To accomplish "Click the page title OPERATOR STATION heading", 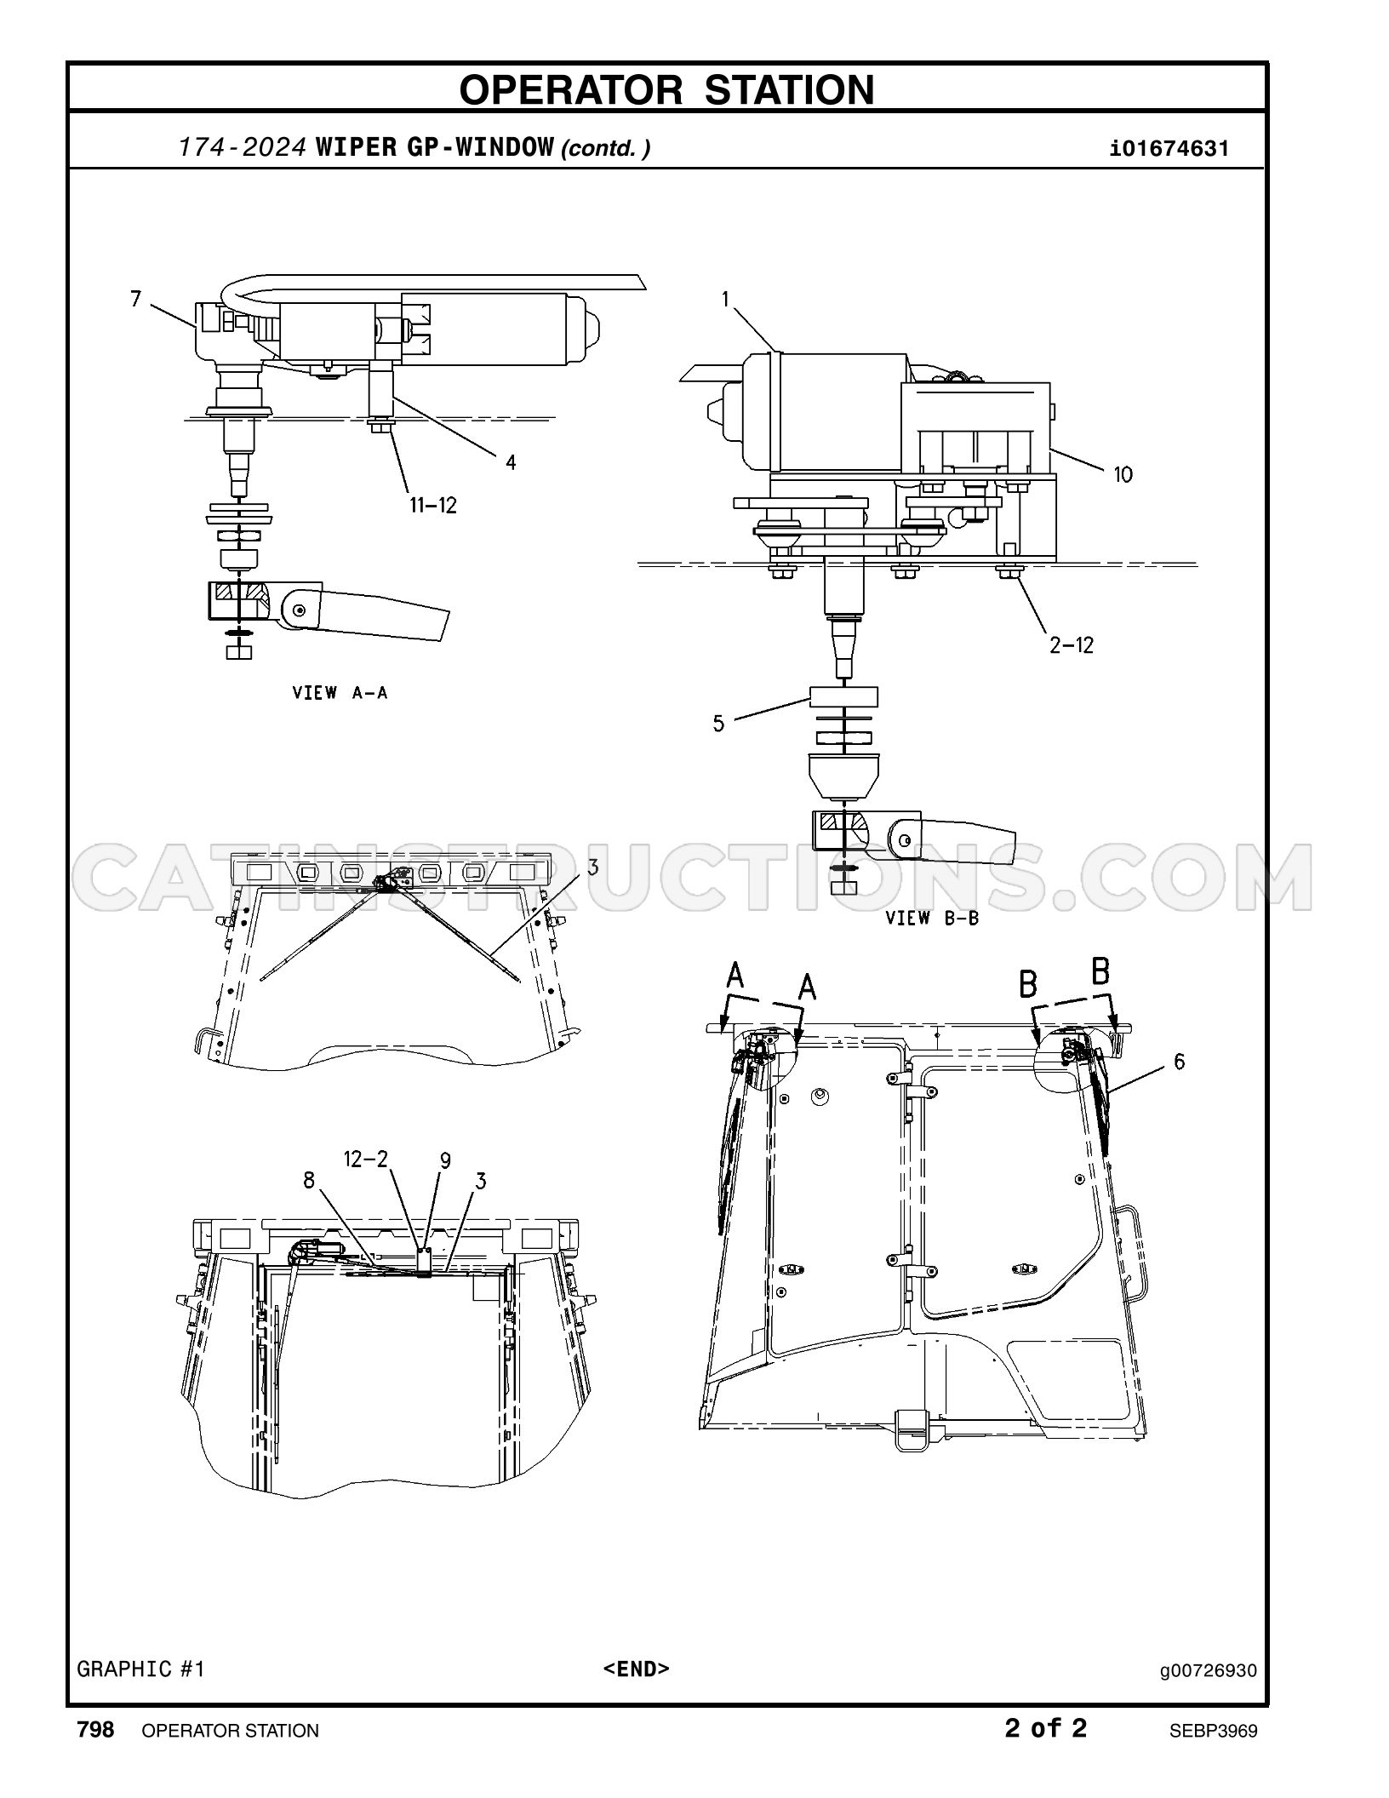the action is pos(666,89).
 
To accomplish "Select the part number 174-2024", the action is pos(242,148).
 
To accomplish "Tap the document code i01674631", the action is pos(1169,149).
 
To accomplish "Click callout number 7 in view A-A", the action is pos(136,299).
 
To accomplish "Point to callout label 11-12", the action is pos(433,506).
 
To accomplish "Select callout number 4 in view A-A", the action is pos(511,462).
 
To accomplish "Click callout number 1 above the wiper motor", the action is pos(725,299).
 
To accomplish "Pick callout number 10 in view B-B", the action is pos(1123,474).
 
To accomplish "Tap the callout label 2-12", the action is pos(1072,645).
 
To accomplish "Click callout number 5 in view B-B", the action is pos(719,724).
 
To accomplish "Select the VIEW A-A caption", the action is pos(340,693).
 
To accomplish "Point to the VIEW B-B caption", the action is pos(932,918).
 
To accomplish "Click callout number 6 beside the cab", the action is pos(1179,1062).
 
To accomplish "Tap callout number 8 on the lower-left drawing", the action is pos(309,1180).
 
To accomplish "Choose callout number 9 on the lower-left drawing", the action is pos(445,1160).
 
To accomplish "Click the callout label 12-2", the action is pos(366,1159).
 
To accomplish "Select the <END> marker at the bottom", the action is pos(637,1668).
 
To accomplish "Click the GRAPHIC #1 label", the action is pos(141,1669).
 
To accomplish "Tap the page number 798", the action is pos(95,1729).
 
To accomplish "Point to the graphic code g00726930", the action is pos(1209,1670).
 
